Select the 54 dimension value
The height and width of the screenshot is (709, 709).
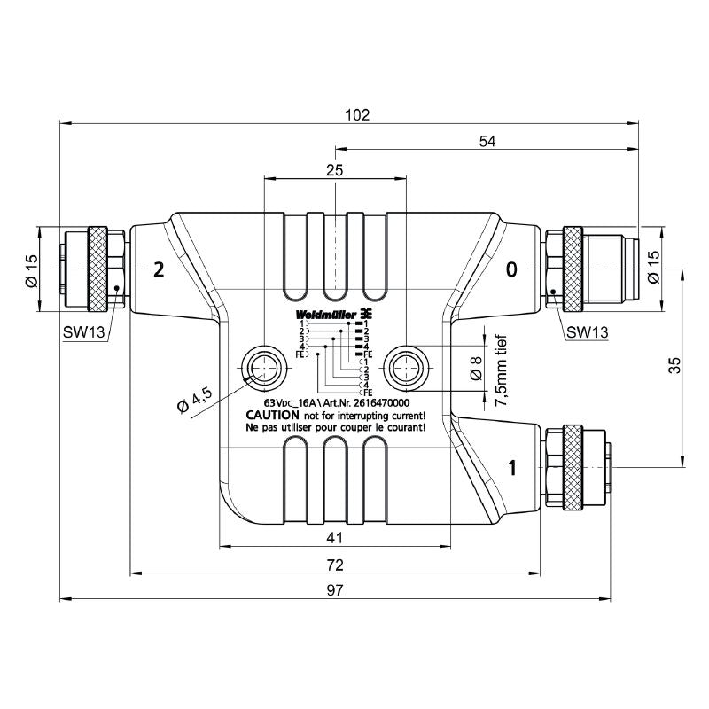[x=487, y=140]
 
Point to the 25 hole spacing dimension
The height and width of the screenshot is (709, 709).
[x=335, y=170]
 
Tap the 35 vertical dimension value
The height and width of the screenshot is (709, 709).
[x=674, y=365]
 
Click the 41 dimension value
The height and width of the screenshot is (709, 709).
[x=334, y=538]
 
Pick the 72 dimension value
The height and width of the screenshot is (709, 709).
[x=335, y=565]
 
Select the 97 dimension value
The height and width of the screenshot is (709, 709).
[x=335, y=591]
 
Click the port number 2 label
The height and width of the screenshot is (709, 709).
[x=159, y=269]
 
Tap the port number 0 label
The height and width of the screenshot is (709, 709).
[x=510, y=269]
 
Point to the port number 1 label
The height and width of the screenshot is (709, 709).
[x=511, y=467]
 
